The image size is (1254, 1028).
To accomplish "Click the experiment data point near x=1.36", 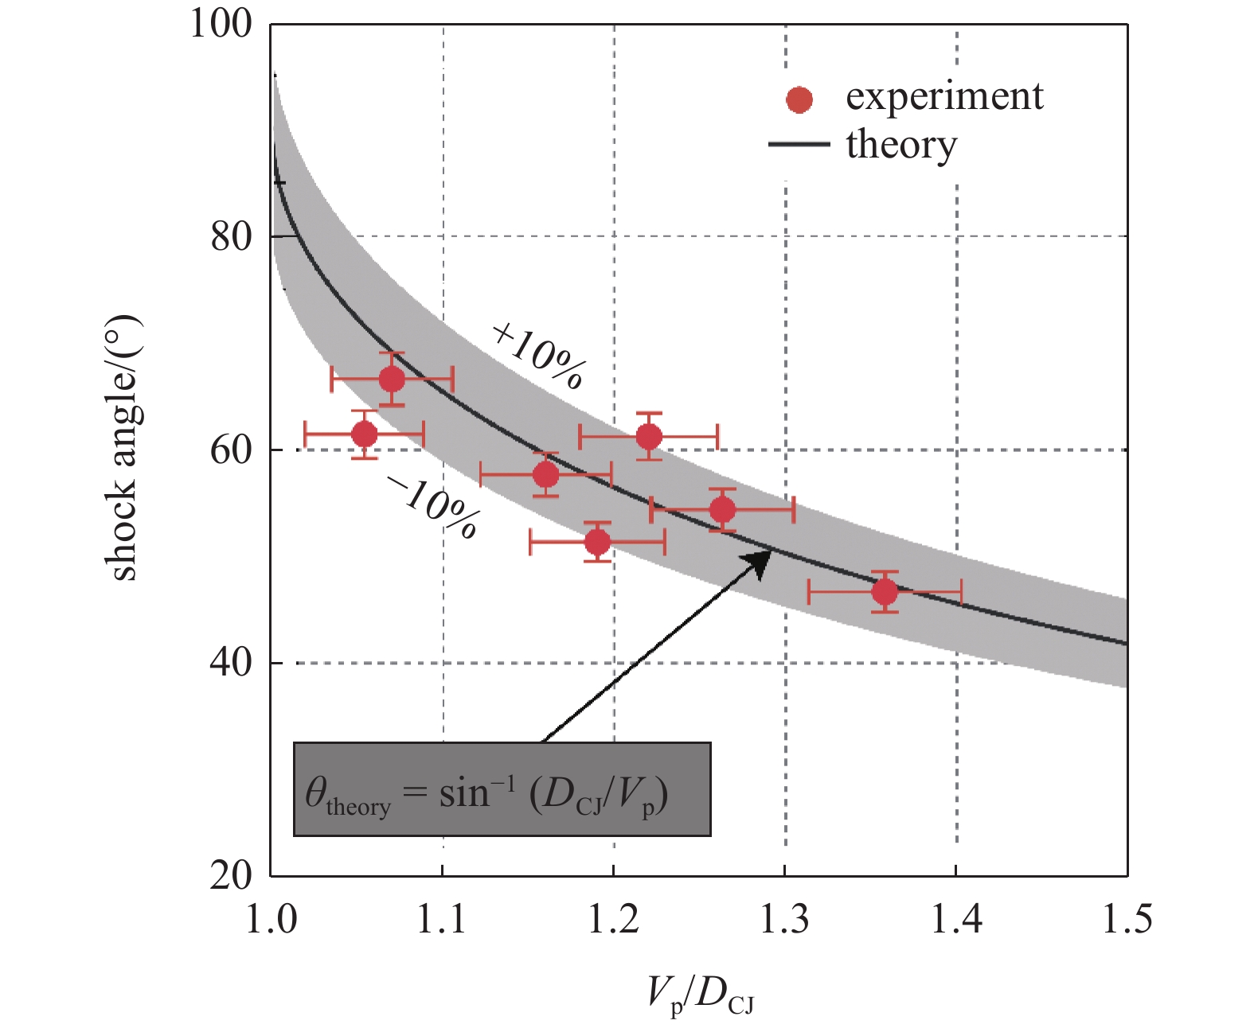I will (x=885, y=592).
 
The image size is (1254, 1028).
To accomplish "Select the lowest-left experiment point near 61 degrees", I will (x=364, y=434).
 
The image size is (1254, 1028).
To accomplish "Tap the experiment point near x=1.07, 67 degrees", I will (x=391, y=380).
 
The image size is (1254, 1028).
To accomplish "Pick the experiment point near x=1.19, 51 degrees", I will (x=597, y=542).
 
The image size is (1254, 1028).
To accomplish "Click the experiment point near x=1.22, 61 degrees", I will (x=649, y=437).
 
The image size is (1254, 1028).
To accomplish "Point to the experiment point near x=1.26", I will (x=722, y=509).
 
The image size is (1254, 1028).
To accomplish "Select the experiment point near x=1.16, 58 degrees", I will (x=545, y=475).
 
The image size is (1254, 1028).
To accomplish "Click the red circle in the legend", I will (x=799, y=99).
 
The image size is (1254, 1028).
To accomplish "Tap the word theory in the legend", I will (x=900, y=145).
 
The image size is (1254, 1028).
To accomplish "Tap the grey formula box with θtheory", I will (x=502, y=789).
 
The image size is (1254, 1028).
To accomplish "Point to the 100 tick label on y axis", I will (x=221, y=24).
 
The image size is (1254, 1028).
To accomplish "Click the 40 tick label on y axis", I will (x=231, y=662).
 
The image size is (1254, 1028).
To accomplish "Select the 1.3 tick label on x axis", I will (x=785, y=920).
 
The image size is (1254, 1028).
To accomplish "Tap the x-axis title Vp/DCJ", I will (x=699, y=995).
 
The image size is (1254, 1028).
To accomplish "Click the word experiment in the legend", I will (x=943, y=97).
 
